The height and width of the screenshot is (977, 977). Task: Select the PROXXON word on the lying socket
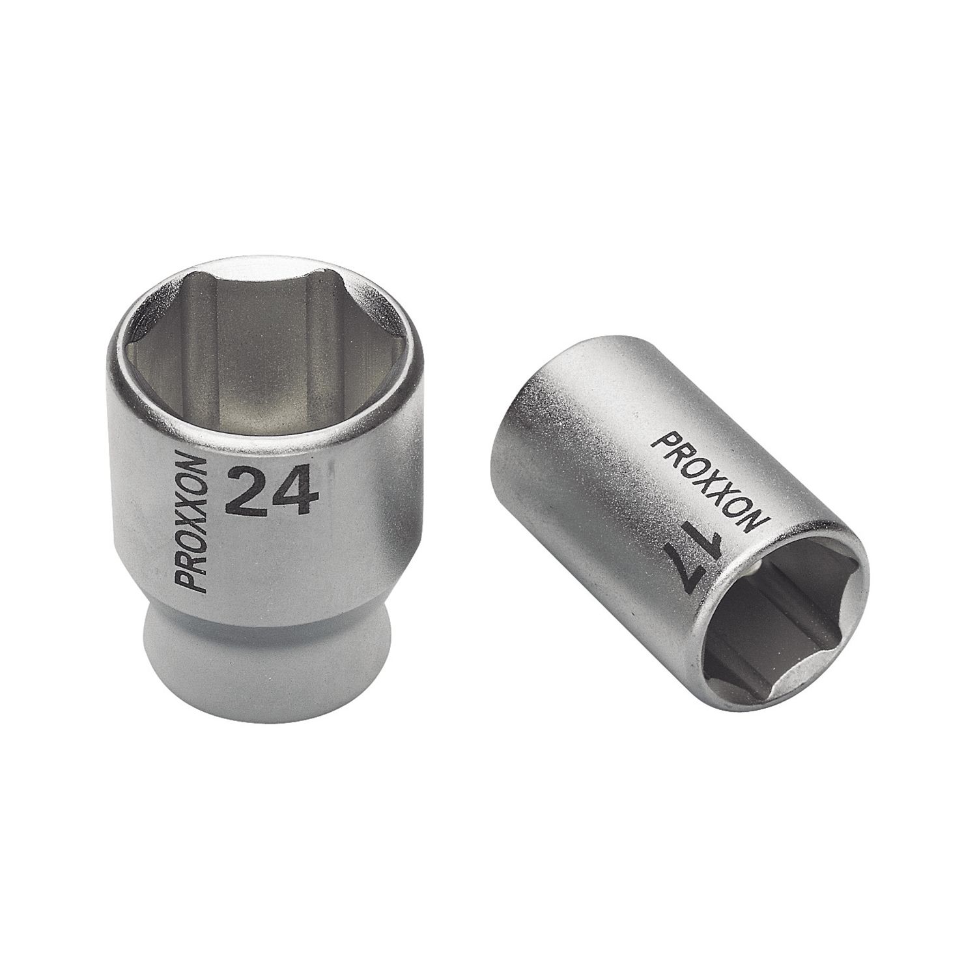[x=709, y=480]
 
